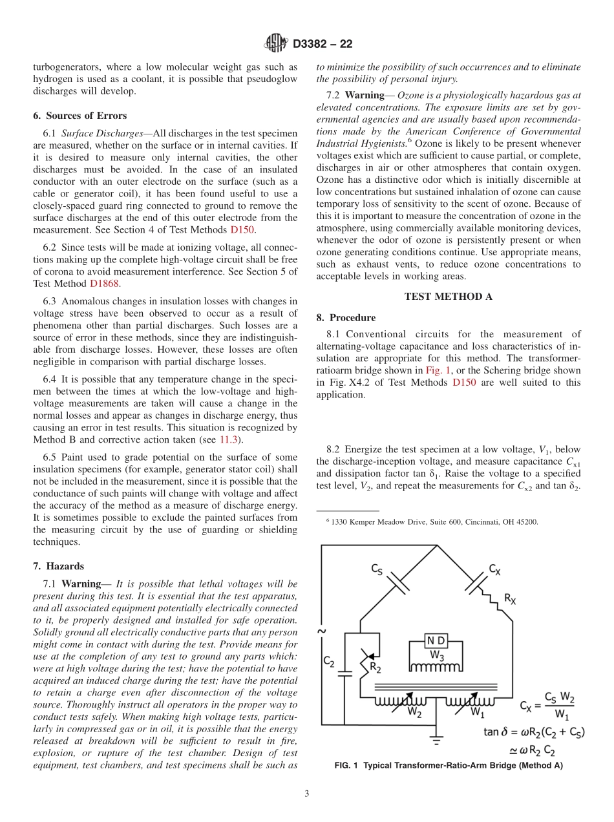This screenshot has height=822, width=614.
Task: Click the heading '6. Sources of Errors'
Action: point(79,116)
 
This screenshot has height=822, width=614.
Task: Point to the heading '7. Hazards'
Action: point(58,566)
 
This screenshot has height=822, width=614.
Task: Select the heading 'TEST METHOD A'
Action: point(448,297)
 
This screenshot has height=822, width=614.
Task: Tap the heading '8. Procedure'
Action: point(346,318)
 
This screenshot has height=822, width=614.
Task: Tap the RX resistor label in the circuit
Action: point(511,598)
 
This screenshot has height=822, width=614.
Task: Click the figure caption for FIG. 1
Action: point(448,766)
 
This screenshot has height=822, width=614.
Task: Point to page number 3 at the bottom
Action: point(307,794)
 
